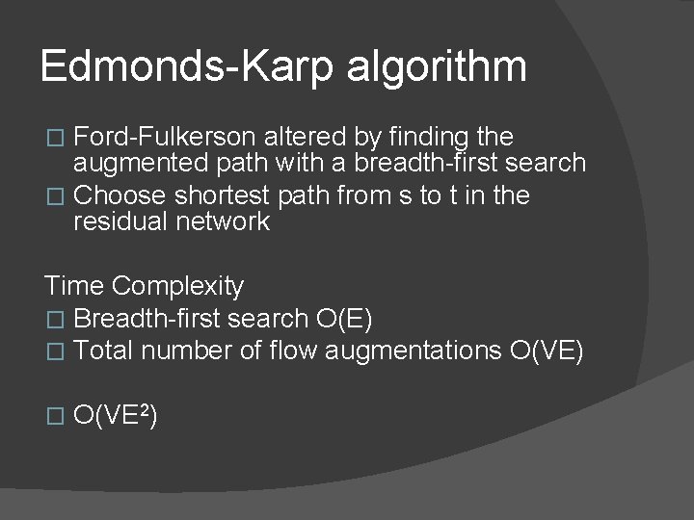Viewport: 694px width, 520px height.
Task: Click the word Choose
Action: (120, 195)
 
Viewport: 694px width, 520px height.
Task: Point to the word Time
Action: (74, 286)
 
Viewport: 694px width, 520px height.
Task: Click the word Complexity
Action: (178, 287)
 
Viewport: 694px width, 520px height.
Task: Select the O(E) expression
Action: (344, 319)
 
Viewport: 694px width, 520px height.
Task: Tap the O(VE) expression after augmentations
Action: (546, 351)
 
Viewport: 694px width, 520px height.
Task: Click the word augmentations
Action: (413, 352)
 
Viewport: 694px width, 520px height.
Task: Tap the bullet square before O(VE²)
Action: (55, 417)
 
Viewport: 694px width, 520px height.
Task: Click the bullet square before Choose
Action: (55, 196)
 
